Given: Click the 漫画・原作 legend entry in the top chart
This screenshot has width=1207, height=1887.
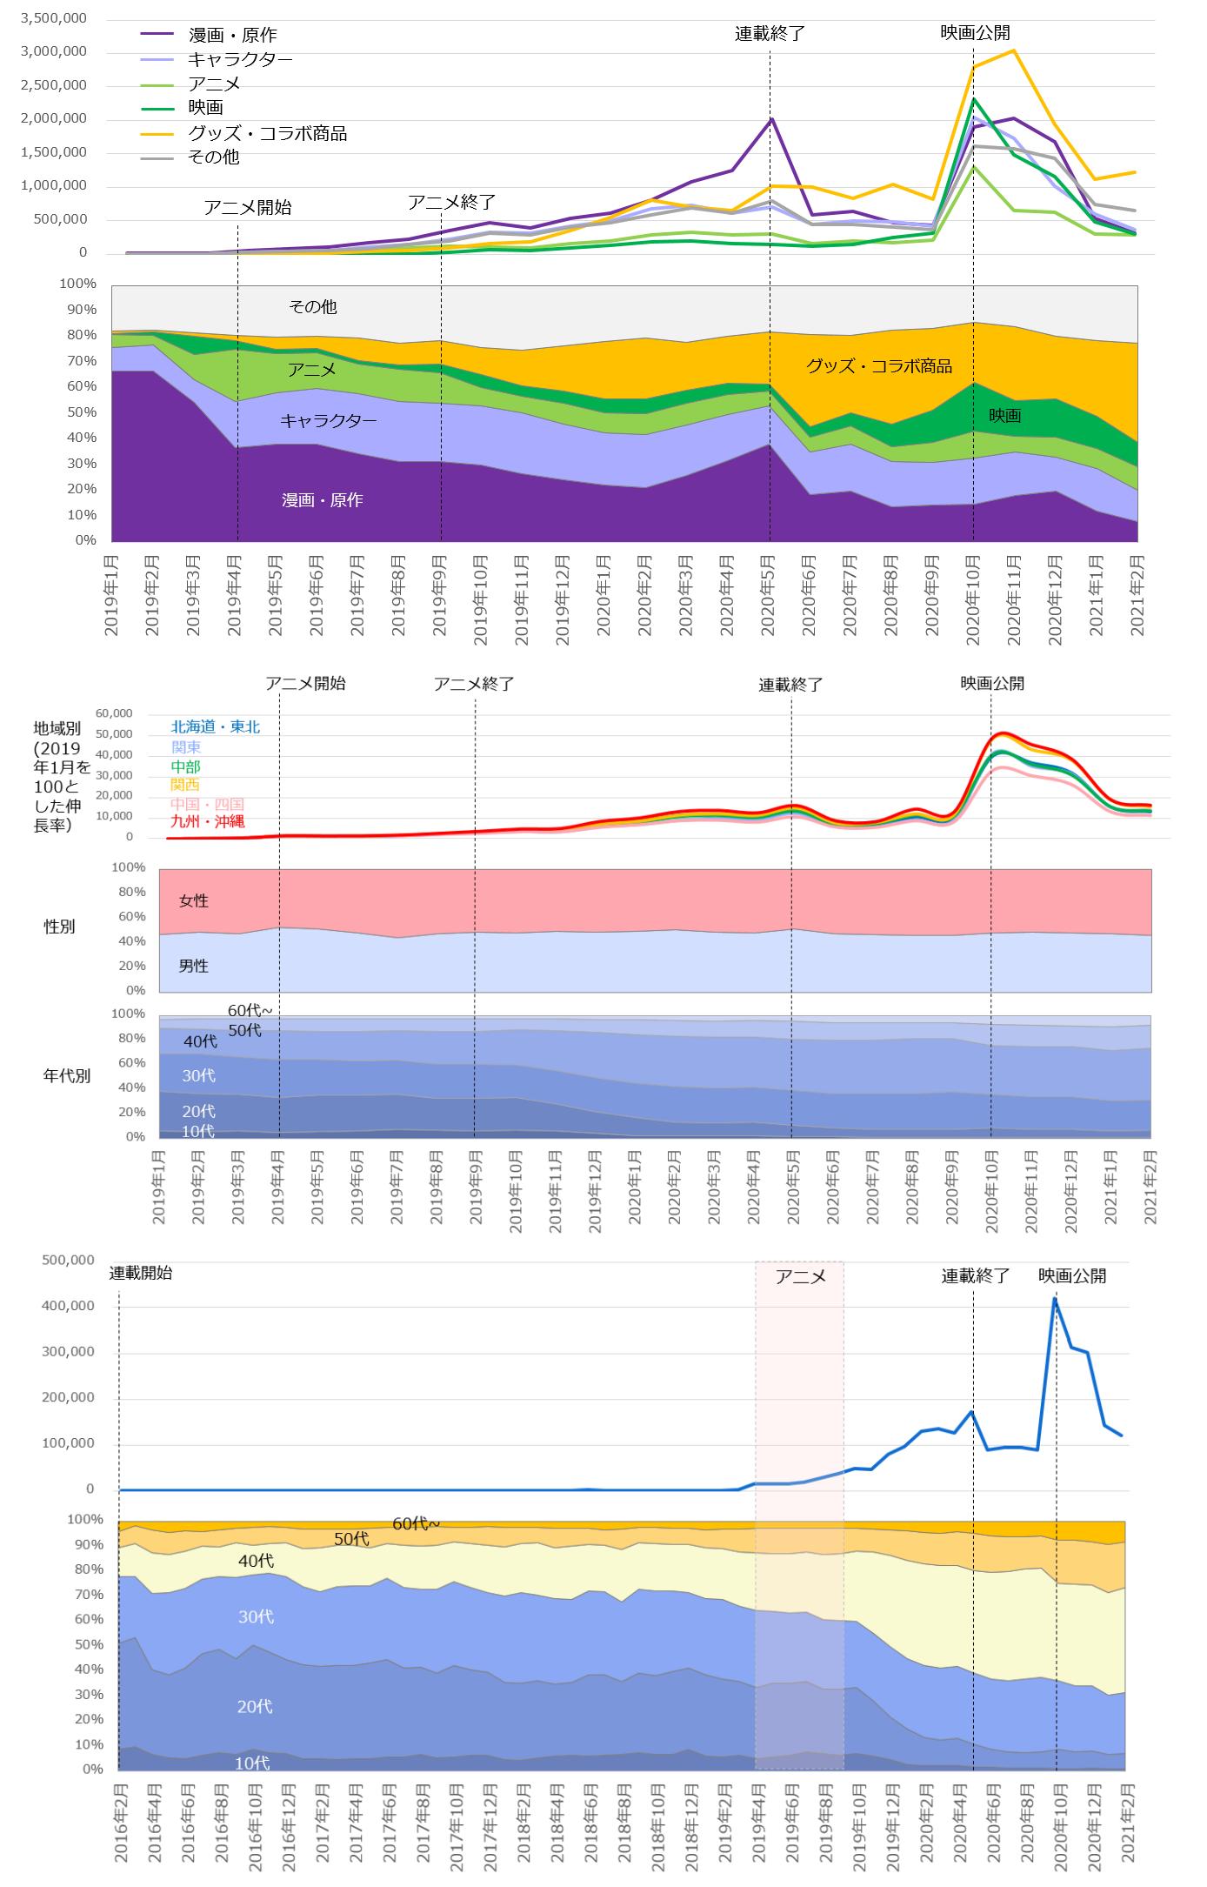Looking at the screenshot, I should (x=232, y=36).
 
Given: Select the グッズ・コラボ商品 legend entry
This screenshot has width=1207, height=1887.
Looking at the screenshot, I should (x=267, y=134).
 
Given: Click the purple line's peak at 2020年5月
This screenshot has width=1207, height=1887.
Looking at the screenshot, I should (x=770, y=119).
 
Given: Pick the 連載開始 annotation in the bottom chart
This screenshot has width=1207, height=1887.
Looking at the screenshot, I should (x=141, y=1273).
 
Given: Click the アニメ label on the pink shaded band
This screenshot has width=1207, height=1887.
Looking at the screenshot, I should (x=799, y=1277).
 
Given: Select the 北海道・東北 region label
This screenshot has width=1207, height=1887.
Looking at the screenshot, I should (x=215, y=727).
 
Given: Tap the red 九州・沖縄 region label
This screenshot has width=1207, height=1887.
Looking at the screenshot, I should (x=208, y=821).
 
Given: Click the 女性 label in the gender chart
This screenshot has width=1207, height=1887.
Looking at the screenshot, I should (x=194, y=901).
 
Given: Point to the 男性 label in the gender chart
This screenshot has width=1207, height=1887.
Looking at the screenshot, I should (x=194, y=966).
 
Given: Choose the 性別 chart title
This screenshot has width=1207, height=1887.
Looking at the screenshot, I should (x=60, y=927).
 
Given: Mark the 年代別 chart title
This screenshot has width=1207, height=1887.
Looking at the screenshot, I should (x=67, y=1076).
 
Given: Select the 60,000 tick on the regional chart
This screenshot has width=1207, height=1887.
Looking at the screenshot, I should (x=113, y=713).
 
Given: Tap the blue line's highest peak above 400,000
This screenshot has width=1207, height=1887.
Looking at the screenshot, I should (x=1055, y=1300).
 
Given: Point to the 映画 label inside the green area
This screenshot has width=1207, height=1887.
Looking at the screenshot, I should (x=1004, y=416).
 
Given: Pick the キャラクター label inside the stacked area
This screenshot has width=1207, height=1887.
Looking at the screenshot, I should (x=328, y=421).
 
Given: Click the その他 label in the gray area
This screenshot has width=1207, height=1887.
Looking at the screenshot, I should (x=313, y=307).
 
